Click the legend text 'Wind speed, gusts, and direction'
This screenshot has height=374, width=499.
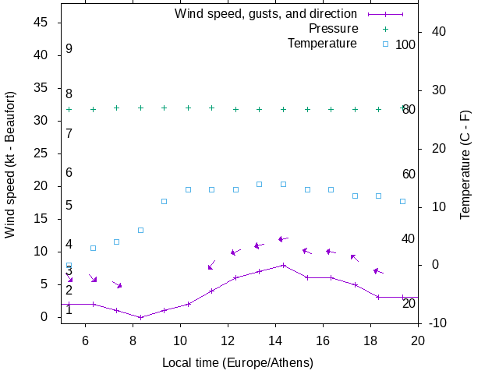(266, 14)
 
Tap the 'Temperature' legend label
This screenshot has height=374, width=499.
(322, 44)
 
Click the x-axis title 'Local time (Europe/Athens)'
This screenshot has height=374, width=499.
(238, 363)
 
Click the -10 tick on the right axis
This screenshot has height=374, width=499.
(437, 323)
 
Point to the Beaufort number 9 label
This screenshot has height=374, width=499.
(69, 49)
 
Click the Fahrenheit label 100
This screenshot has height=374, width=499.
(405, 44)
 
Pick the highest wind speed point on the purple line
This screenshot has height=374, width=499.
(283, 265)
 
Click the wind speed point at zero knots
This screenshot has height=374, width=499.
(140, 317)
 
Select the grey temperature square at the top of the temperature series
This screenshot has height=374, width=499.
(260, 184)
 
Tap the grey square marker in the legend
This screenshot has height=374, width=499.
(385, 44)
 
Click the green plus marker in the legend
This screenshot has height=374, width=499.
(385, 29)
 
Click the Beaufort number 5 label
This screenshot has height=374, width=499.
(69, 206)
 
